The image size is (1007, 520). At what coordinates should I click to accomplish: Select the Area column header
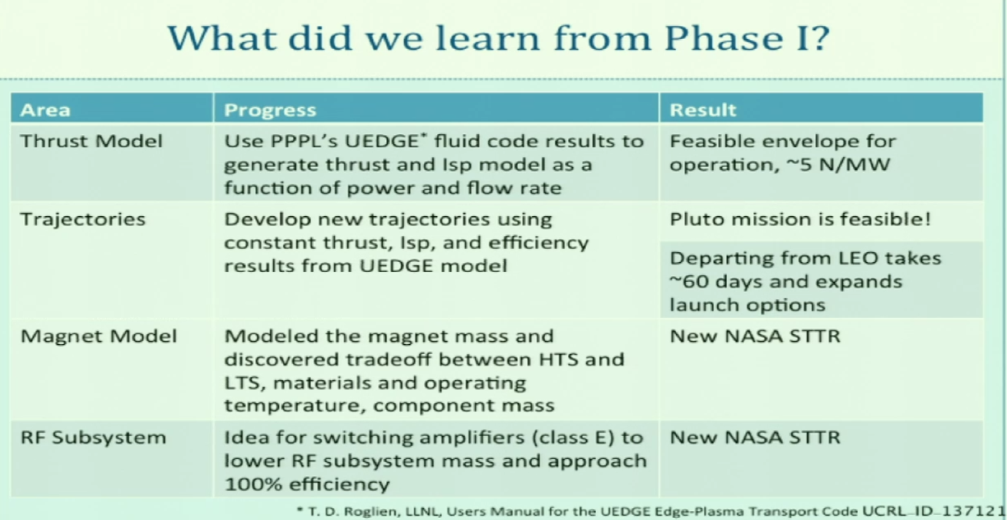pyautogui.click(x=45, y=110)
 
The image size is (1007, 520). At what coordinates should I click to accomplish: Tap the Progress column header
pyautogui.click(x=270, y=110)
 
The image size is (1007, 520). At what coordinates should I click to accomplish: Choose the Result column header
pyautogui.click(x=703, y=110)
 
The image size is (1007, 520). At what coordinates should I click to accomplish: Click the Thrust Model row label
pyautogui.click(x=91, y=141)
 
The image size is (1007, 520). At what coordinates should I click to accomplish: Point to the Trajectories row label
pyautogui.click(x=83, y=220)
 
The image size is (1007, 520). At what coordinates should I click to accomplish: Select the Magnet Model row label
pyautogui.click(x=99, y=336)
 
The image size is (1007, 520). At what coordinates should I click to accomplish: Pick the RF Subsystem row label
pyautogui.click(x=94, y=438)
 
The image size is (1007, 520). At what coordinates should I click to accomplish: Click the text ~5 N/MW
pyautogui.click(x=838, y=165)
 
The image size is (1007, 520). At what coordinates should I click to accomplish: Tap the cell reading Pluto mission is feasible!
pyautogui.click(x=800, y=219)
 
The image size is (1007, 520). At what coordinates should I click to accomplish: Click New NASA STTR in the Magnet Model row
pyautogui.click(x=755, y=336)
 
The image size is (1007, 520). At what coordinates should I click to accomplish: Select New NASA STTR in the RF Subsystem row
pyautogui.click(x=755, y=437)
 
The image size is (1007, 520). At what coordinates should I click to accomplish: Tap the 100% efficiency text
pyautogui.click(x=307, y=484)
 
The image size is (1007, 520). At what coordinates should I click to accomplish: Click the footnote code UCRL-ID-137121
pyautogui.click(x=933, y=511)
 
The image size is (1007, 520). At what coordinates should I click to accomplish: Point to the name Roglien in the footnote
pyautogui.click(x=370, y=511)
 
